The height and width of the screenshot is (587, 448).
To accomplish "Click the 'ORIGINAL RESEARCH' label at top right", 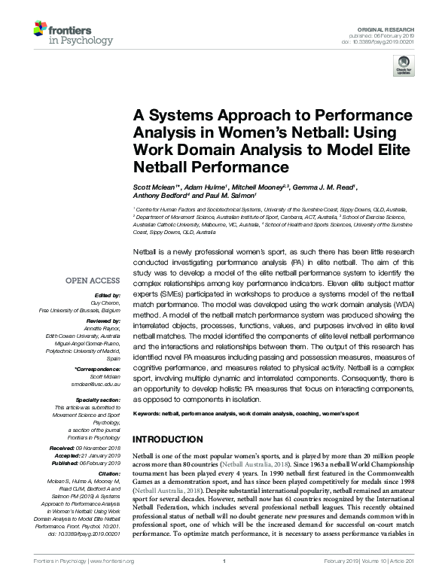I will [385, 27].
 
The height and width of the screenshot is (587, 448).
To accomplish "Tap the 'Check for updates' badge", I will [404, 65].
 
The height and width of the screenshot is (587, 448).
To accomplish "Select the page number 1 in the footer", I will [224, 582].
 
